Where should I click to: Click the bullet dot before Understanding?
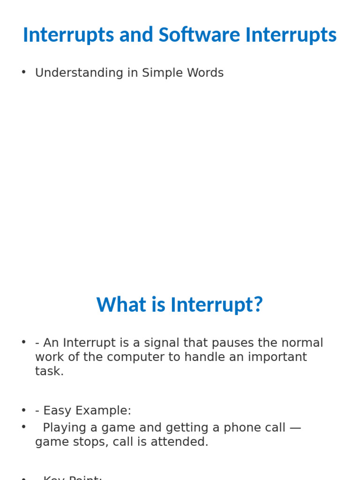[23, 72]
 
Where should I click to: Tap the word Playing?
[64, 427]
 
